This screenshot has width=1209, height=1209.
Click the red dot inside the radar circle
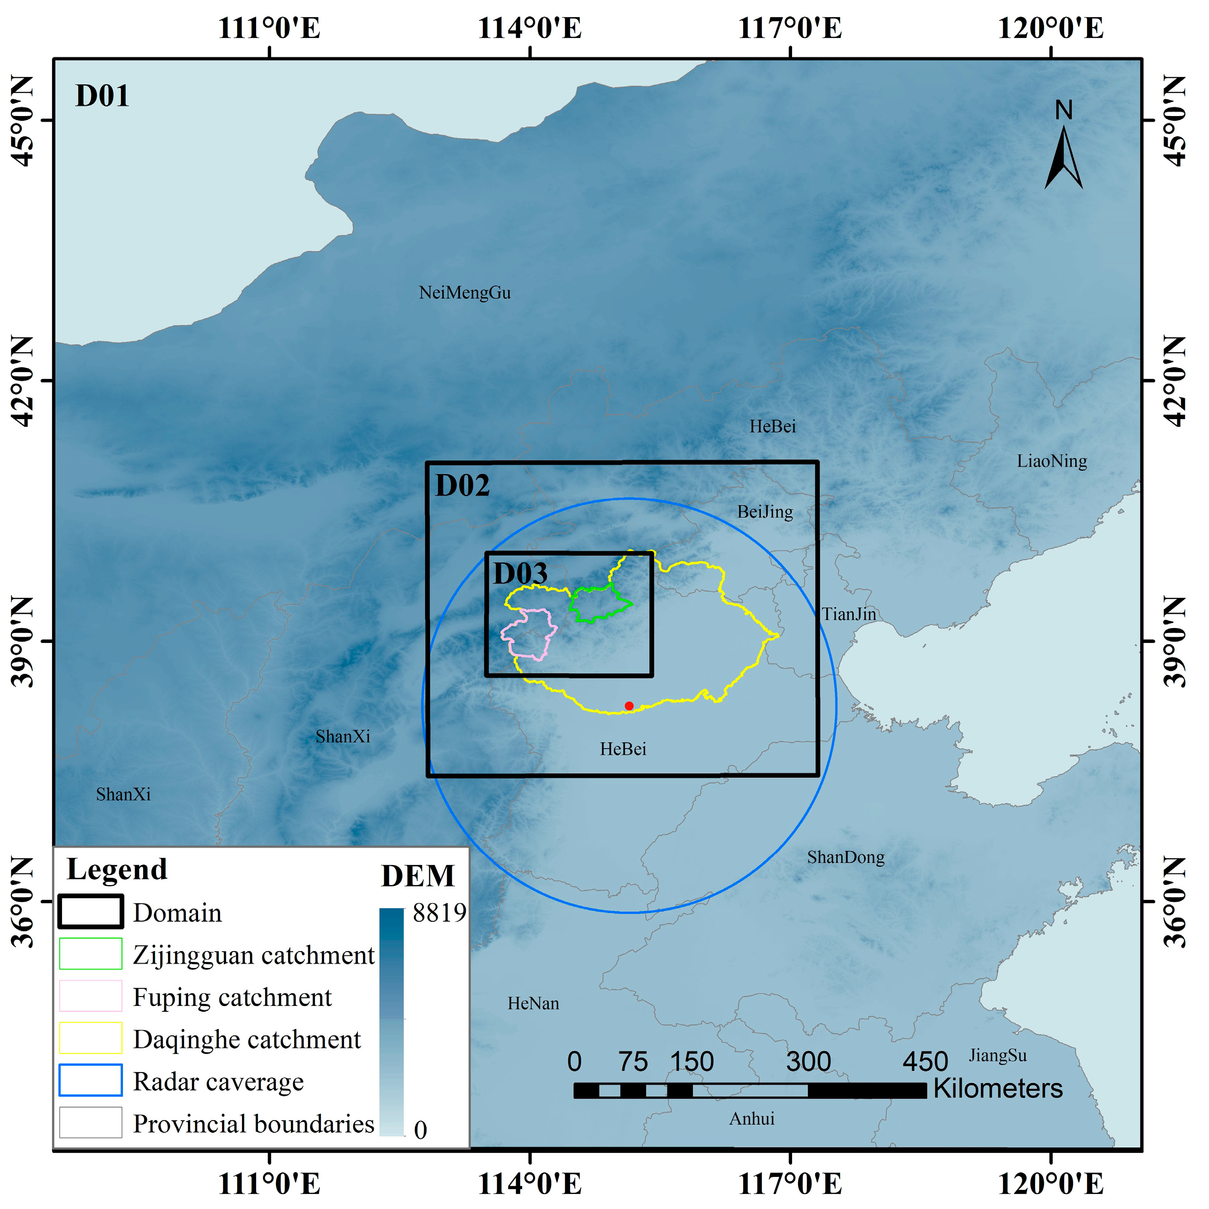tap(629, 706)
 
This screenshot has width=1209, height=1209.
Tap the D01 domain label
tap(102, 97)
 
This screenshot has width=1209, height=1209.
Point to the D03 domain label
tap(520, 574)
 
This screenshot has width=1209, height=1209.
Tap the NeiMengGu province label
tap(464, 293)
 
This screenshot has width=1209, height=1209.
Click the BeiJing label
tap(765, 512)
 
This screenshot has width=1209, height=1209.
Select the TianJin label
tap(849, 614)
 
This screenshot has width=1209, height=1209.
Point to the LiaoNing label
tap(1052, 461)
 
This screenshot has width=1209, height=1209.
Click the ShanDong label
tap(846, 857)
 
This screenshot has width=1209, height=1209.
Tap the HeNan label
tap(533, 1004)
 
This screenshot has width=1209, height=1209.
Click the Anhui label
tap(752, 1119)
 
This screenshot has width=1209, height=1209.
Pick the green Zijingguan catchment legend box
tap(91, 954)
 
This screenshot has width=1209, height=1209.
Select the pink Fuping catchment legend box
tap(91, 996)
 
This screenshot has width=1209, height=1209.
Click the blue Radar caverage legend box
tap(91, 1080)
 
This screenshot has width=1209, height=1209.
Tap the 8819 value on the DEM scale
tap(439, 913)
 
